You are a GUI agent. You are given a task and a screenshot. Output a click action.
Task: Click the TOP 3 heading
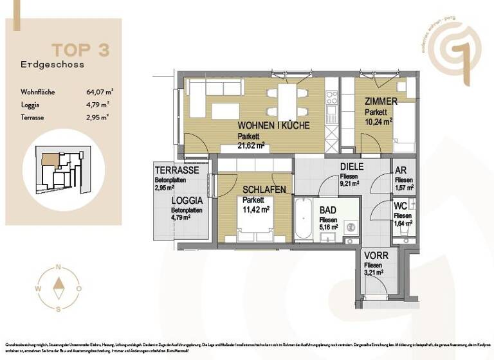point(80,50)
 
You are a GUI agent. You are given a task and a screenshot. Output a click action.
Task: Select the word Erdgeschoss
point(52,64)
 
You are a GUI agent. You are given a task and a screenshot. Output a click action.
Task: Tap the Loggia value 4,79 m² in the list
point(98,104)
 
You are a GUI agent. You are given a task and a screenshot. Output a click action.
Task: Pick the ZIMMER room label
point(381,102)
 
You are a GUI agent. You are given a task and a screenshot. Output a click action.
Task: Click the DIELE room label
point(352,166)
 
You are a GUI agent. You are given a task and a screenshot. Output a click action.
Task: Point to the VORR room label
point(376,255)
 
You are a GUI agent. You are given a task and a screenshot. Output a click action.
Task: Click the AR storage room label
point(401,170)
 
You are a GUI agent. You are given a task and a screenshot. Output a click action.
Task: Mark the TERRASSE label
point(176,170)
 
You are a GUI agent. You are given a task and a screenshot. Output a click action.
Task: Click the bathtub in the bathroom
point(305,220)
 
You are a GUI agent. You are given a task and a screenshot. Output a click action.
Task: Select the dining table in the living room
point(288,102)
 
